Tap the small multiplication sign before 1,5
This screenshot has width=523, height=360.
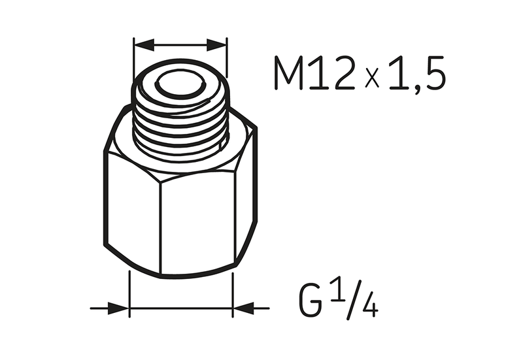[x=372, y=78]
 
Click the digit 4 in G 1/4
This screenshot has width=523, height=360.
[x=369, y=306]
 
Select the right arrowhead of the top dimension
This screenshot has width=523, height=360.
[x=216, y=45]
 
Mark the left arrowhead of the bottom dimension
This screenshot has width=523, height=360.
[x=118, y=308]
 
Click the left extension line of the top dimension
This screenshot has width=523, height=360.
[x=133, y=59]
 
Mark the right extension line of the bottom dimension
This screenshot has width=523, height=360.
[x=233, y=294]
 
